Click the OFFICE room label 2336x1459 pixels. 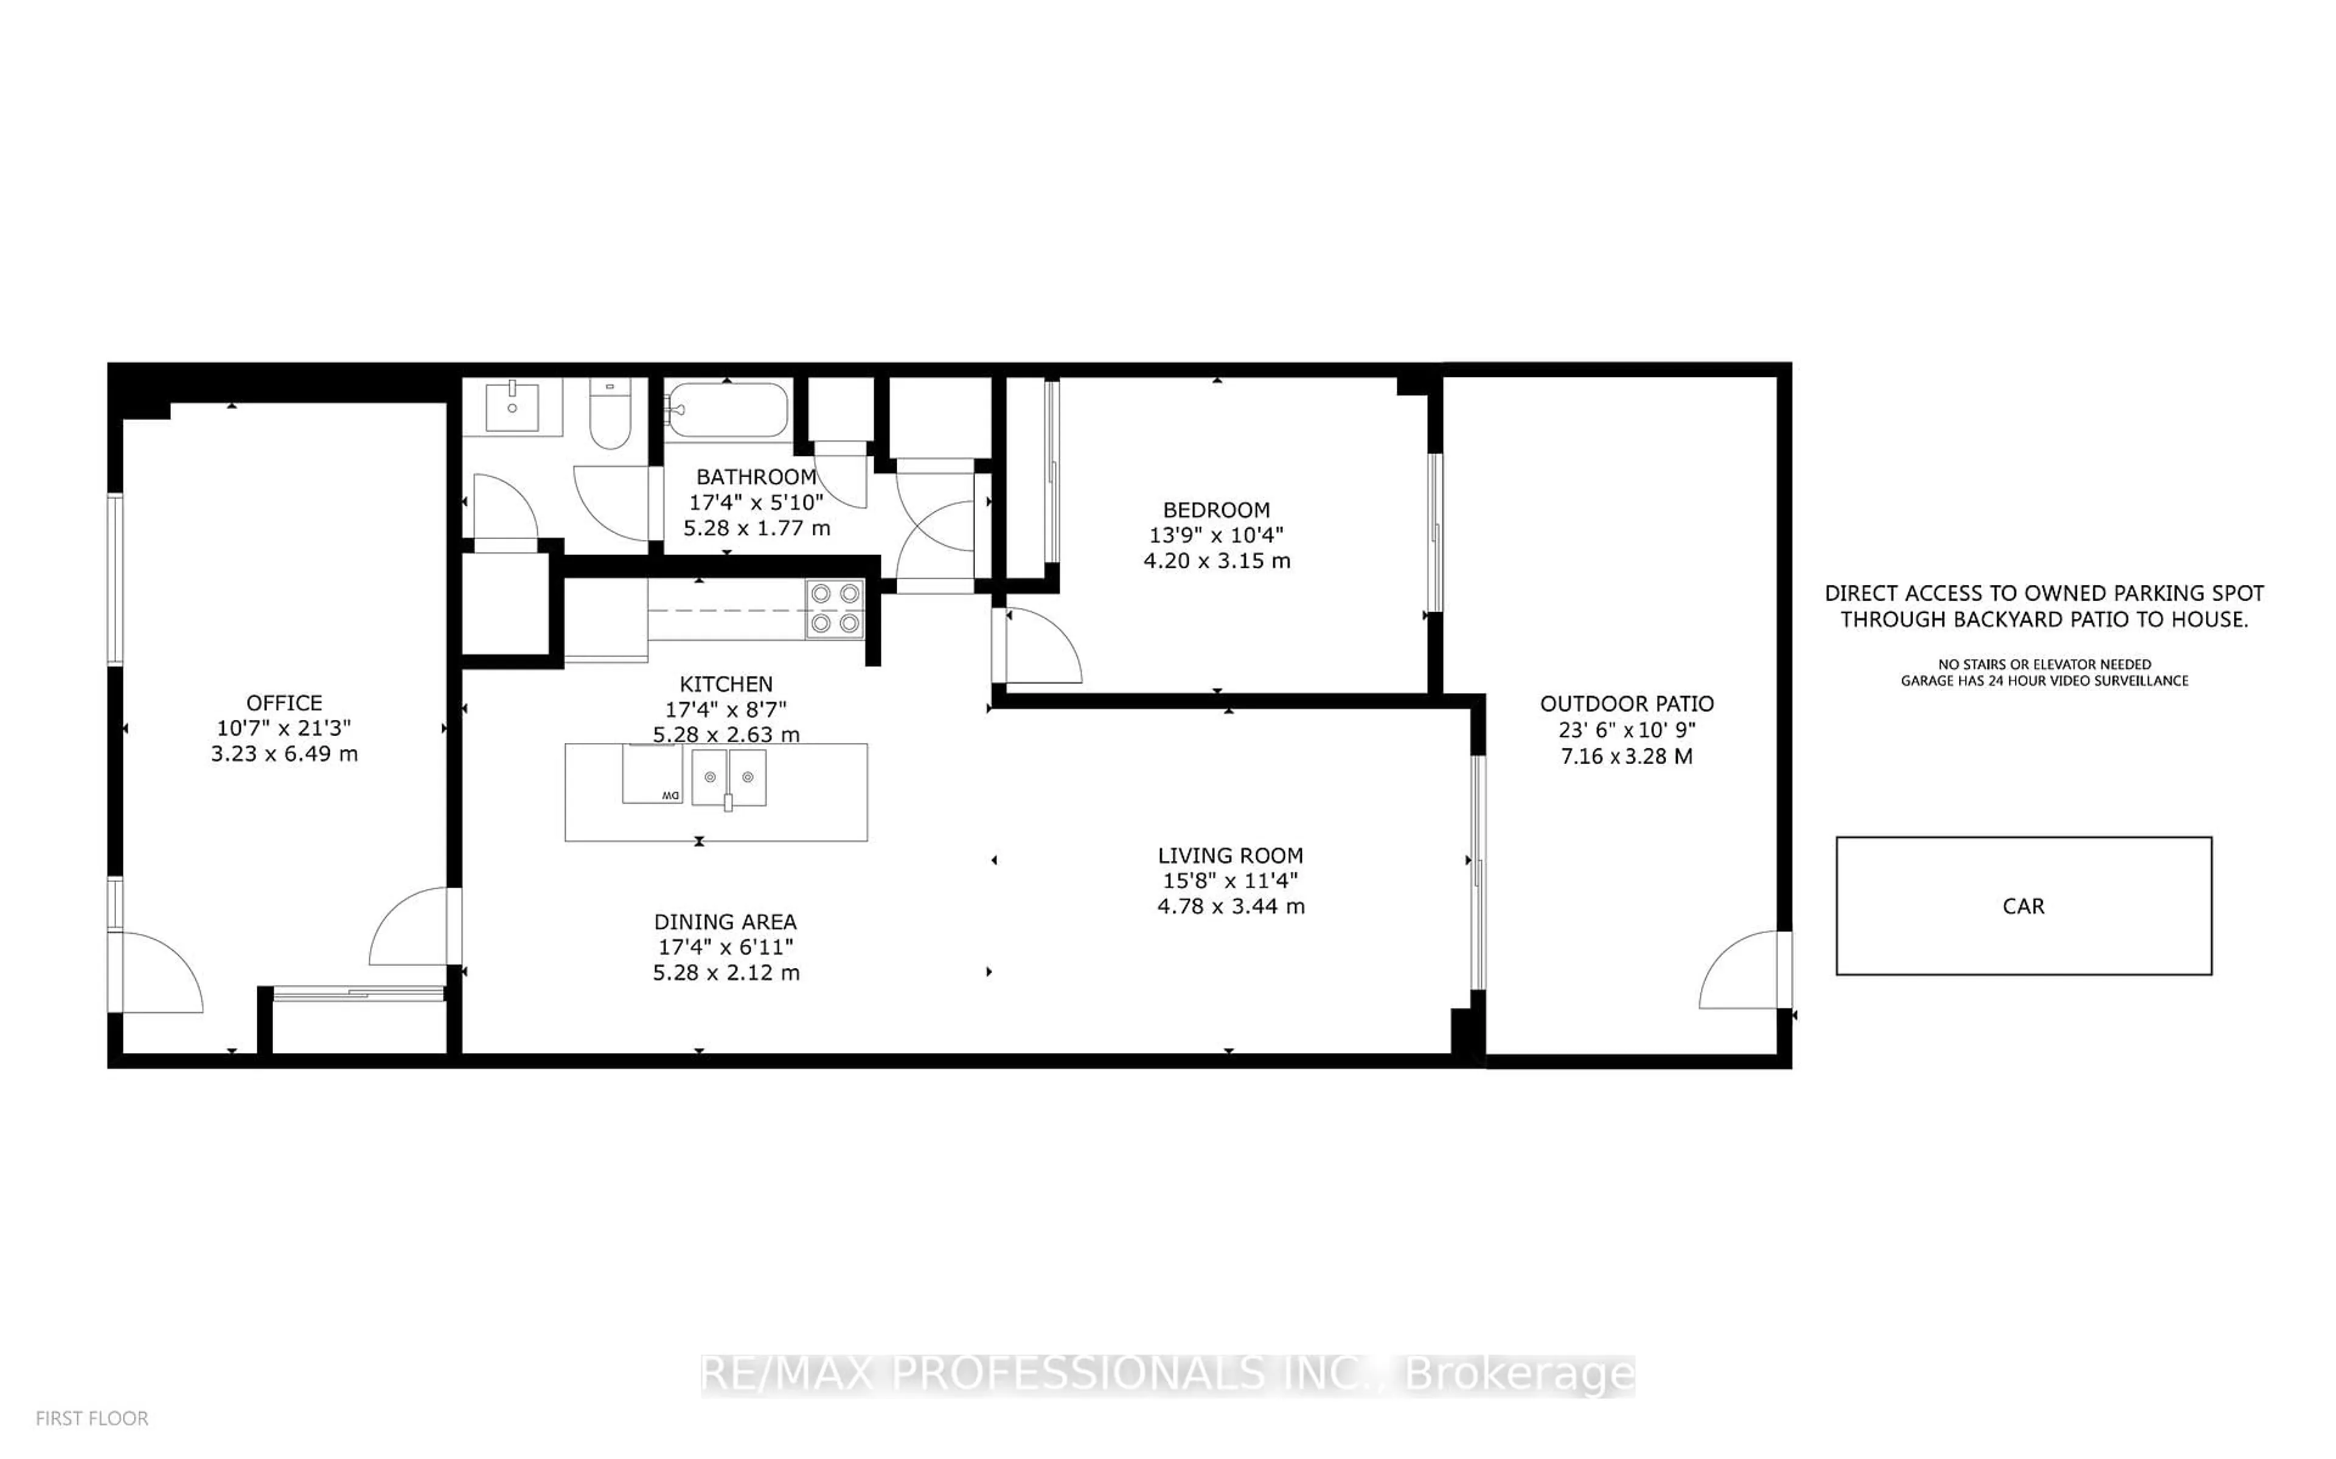click(284, 703)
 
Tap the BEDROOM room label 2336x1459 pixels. click(1215, 509)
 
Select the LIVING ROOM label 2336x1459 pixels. click(1230, 855)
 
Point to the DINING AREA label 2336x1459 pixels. click(725, 922)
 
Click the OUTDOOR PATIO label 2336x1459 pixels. click(1627, 703)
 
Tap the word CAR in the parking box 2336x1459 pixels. click(2023, 906)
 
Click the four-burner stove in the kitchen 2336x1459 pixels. click(835, 609)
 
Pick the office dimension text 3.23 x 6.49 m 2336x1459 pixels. click(284, 754)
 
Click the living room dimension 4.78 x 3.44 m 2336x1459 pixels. click(1231, 906)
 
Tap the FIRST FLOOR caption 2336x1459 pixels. click(92, 1418)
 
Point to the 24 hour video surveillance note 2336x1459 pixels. click(2043, 680)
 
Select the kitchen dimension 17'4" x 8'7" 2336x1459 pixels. click(726, 709)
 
